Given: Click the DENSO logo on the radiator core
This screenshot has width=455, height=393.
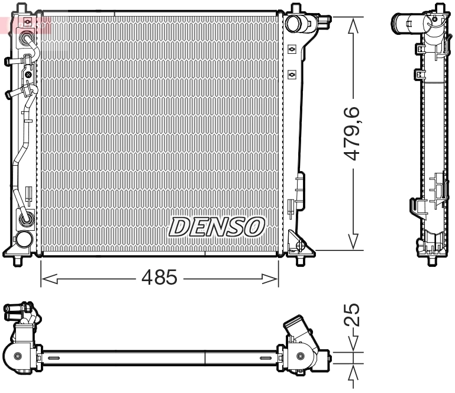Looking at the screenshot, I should (217, 226).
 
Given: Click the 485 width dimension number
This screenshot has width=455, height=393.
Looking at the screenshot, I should (159, 277).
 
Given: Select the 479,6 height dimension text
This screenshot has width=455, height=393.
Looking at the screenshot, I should (353, 133).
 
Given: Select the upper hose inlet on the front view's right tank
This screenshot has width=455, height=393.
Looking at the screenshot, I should (294, 24).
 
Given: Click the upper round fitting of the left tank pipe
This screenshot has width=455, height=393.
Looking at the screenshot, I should (27, 39).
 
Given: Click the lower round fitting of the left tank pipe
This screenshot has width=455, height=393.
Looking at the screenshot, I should (27, 220).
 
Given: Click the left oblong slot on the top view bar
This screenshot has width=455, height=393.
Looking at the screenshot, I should (54, 358).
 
